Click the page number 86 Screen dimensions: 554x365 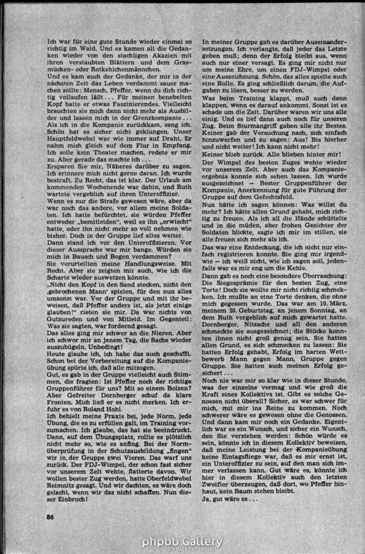(51, 517)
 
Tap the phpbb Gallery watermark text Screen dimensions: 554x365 (182, 541)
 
